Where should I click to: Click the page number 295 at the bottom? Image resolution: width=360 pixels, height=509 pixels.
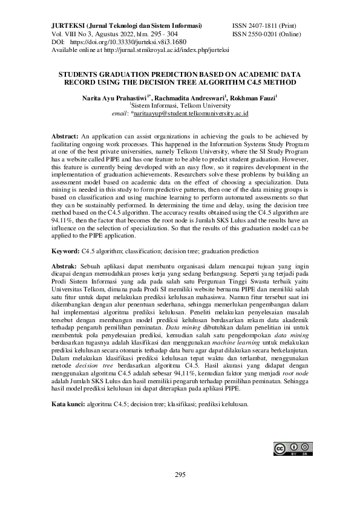[x=180, y=474]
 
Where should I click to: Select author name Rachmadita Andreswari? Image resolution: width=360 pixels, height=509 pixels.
[x=189, y=97]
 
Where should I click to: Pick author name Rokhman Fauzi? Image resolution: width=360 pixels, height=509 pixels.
[x=253, y=97]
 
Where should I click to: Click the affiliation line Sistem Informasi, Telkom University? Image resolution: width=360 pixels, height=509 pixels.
[x=180, y=105]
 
